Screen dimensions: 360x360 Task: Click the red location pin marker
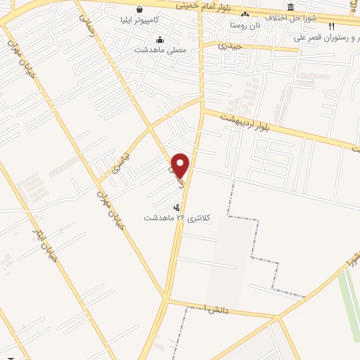coord(181,166)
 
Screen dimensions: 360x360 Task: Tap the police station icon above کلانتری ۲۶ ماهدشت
coord(176,207)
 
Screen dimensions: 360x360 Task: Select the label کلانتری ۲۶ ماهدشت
coord(168,217)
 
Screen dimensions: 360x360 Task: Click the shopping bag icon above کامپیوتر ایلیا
coord(140,10)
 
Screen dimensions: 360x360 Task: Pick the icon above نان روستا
coord(245,15)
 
